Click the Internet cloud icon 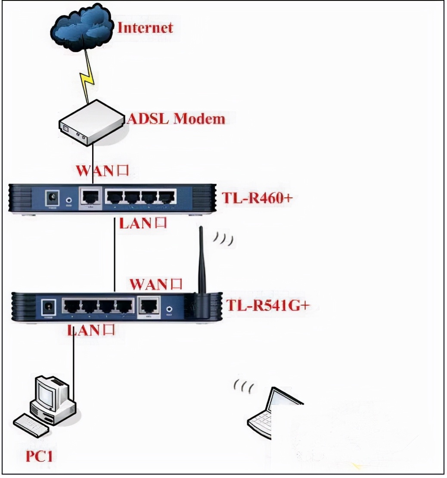(x=81, y=28)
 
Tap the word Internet (x=145, y=28)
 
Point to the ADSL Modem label (x=176, y=119)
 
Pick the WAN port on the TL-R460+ (x=91, y=198)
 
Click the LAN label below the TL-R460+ (x=143, y=223)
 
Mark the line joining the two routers (x=115, y=254)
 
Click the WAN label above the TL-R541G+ (x=156, y=284)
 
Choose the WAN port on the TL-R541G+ (x=148, y=307)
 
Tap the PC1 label (x=39, y=456)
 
